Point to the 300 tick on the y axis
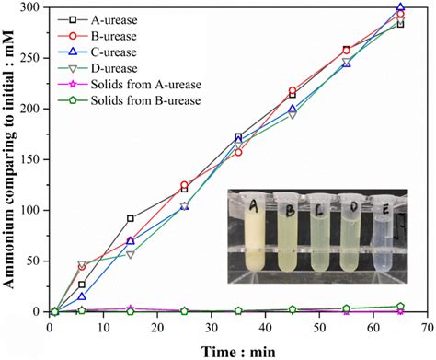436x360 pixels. point(30,7)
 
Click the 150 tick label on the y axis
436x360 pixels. point(30,159)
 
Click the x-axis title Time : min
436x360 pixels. point(241,349)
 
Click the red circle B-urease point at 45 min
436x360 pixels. point(293,91)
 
